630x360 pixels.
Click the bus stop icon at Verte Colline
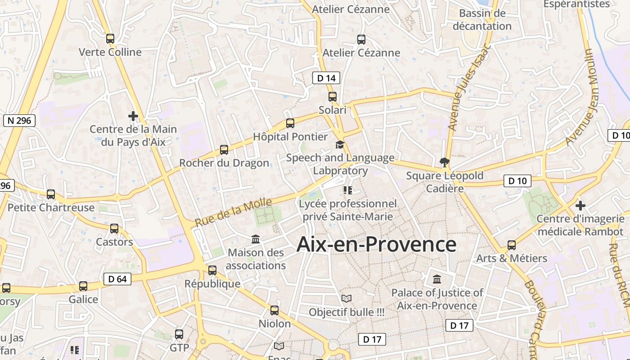pyautogui.click(x=110, y=39)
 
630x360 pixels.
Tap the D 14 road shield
pyautogui.click(x=326, y=78)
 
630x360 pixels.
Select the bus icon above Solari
pyautogui.click(x=333, y=97)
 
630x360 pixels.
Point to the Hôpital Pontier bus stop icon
pyautogui.click(x=290, y=123)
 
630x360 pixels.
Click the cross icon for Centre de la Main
pyautogui.click(x=133, y=116)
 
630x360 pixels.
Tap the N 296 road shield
pyautogui.click(x=19, y=120)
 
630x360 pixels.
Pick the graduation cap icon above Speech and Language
pyautogui.click(x=340, y=144)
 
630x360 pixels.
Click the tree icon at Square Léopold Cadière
pyautogui.click(x=445, y=162)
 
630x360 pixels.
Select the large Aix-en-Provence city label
pyautogui.click(x=376, y=244)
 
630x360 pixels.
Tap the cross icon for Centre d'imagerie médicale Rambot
pyautogui.click(x=580, y=206)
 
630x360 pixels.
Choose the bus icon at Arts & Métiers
pyautogui.click(x=512, y=245)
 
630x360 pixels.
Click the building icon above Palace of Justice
pyautogui.click(x=437, y=279)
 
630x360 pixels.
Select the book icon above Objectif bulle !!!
pyautogui.click(x=346, y=298)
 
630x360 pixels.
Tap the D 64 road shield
pyautogui.click(x=117, y=279)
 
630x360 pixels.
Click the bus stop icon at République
pyautogui.click(x=212, y=270)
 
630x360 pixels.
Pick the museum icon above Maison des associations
pyautogui.click(x=256, y=239)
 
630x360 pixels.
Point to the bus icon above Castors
pyautogui.click(x=114, y=229)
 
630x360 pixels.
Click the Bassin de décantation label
pyautogui.click(x=482, y=20)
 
